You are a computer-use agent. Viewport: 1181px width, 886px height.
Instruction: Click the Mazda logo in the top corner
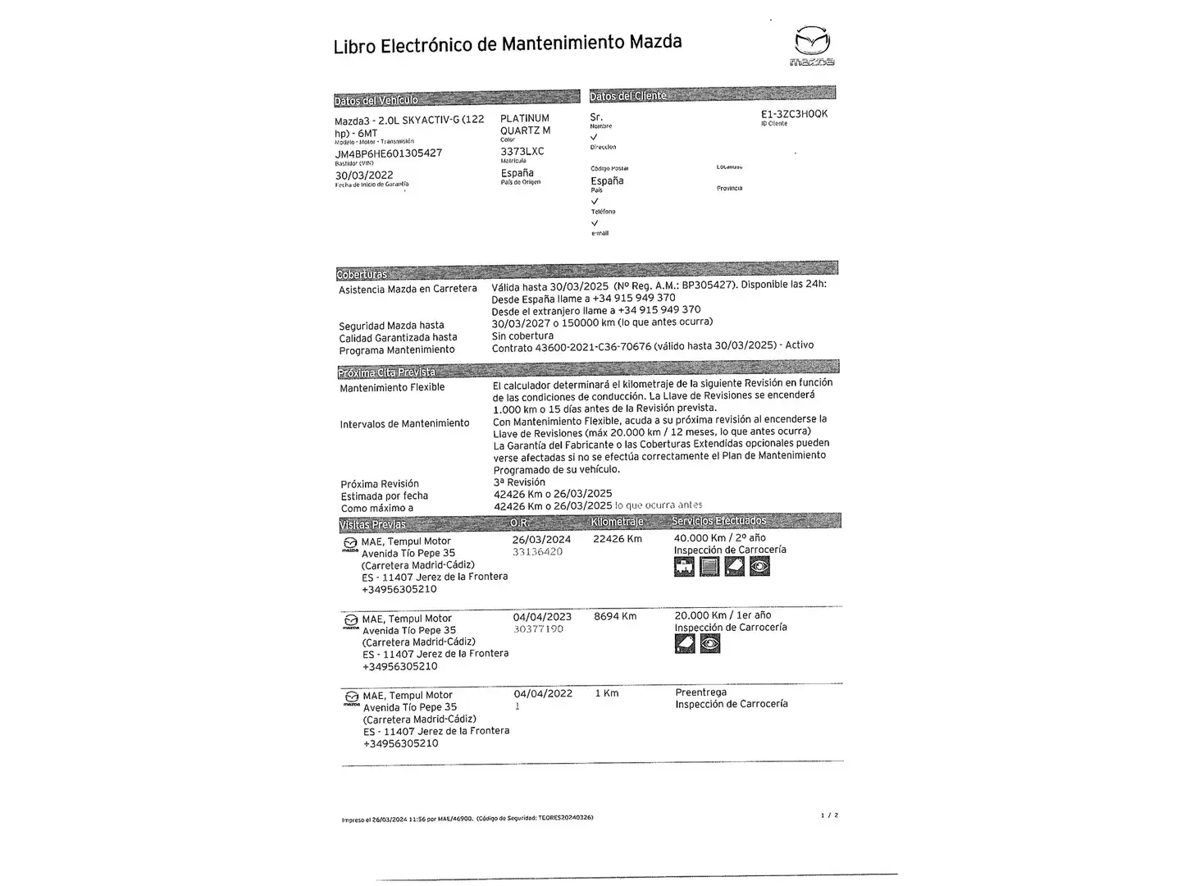pyautogui.click(x=812, y=45)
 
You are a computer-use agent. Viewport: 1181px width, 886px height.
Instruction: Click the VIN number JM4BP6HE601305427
pyautogui.click(x=388, y=153)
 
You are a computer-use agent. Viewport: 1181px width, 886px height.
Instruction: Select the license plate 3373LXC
pyautogui.click(x=522, y=151)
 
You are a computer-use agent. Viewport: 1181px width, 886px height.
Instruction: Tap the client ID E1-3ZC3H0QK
pyautogui.click(x=794, y=114)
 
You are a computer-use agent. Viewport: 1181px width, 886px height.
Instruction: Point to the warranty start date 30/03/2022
pyautogui.click(x=364, y=175)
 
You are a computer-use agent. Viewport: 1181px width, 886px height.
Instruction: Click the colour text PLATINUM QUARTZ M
pyautogui.click(x=525, y=124)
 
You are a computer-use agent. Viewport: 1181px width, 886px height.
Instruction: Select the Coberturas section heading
pyautogui.click(x=362, y=274)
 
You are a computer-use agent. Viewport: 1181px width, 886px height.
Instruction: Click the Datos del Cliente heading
pyautogui.click(x=628, y=96)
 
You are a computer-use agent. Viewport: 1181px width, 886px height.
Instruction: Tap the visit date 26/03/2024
pyautogui.click(x=541, y=539)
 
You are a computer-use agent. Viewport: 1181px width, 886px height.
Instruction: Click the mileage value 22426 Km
pyautogui.click(x=618, y=539)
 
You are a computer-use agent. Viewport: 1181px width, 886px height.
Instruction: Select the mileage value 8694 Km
pyautogui.click(x=615, y=616)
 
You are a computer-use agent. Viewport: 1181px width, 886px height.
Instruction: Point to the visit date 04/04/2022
pyautogui.click(x=543, y=693)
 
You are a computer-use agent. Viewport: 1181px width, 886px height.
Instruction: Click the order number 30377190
pyautogui.click(x=538, y=629)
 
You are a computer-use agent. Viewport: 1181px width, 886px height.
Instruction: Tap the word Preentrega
pyautogui.click(x=700, y=692)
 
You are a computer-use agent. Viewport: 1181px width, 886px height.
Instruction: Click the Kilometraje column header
pyautogui.click(x=617, y=522)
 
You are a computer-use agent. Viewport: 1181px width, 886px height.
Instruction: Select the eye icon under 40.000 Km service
pyautogui.click(x=760, y=566)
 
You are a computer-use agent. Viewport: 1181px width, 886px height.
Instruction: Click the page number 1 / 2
pyautogui.click(x=829, y=815)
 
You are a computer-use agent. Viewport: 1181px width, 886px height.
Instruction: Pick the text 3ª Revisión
pyautogui.click(x=519, y=482)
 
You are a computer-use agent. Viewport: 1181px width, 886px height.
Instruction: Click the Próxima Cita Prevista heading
pyautogui.click(x=387, y=372)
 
